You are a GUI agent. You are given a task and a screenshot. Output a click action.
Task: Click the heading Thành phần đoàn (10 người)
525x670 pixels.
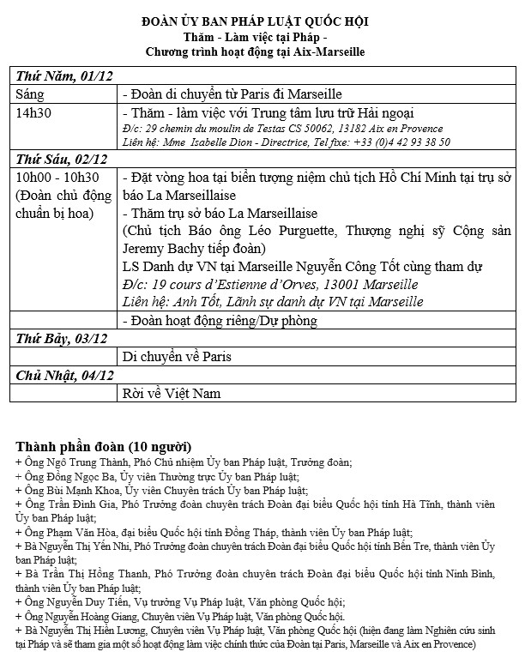(x=104, y=447)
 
